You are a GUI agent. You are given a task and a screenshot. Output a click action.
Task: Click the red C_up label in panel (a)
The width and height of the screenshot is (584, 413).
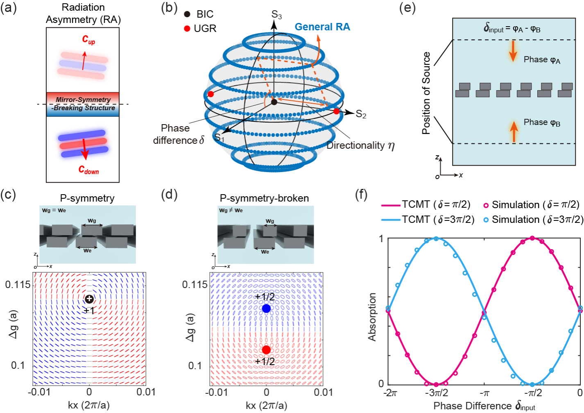[88, 40]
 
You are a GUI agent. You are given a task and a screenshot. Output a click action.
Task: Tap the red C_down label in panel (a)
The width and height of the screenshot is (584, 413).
[88, 170]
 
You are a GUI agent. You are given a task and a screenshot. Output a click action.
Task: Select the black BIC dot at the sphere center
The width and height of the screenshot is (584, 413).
[274, 102]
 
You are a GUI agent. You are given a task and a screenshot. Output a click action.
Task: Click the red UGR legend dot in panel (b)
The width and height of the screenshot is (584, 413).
[187, 29]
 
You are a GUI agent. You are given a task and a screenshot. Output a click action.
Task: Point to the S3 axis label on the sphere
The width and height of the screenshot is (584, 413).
[276, 15]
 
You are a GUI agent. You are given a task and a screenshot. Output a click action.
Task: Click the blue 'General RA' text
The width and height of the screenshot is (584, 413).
[322, 27]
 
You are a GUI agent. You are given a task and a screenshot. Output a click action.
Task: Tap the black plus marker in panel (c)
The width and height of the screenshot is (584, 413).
[89, 299]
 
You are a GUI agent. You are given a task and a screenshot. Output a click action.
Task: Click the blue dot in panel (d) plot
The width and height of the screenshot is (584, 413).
[267, 309]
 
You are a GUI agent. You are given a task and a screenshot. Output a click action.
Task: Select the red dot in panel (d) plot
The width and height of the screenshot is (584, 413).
[267, 349]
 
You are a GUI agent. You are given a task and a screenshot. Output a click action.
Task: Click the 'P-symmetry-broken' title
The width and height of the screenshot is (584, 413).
[264, 198]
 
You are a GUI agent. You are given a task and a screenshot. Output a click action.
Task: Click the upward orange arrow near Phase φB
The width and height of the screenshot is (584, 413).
[514, 132]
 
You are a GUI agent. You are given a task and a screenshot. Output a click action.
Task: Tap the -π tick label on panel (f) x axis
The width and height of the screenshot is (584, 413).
[484, 393]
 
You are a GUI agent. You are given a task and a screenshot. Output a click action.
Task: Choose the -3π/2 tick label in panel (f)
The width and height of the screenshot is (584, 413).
[436, 393]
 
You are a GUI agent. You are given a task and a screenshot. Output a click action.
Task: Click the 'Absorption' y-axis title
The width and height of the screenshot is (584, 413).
[372, 317]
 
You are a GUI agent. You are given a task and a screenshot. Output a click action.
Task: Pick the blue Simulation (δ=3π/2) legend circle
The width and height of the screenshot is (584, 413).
[486, 220]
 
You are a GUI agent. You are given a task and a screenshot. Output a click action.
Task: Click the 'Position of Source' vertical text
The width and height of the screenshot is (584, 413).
[426, 93]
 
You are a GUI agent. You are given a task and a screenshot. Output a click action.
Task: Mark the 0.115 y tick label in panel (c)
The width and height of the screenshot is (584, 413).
[18, 284]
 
